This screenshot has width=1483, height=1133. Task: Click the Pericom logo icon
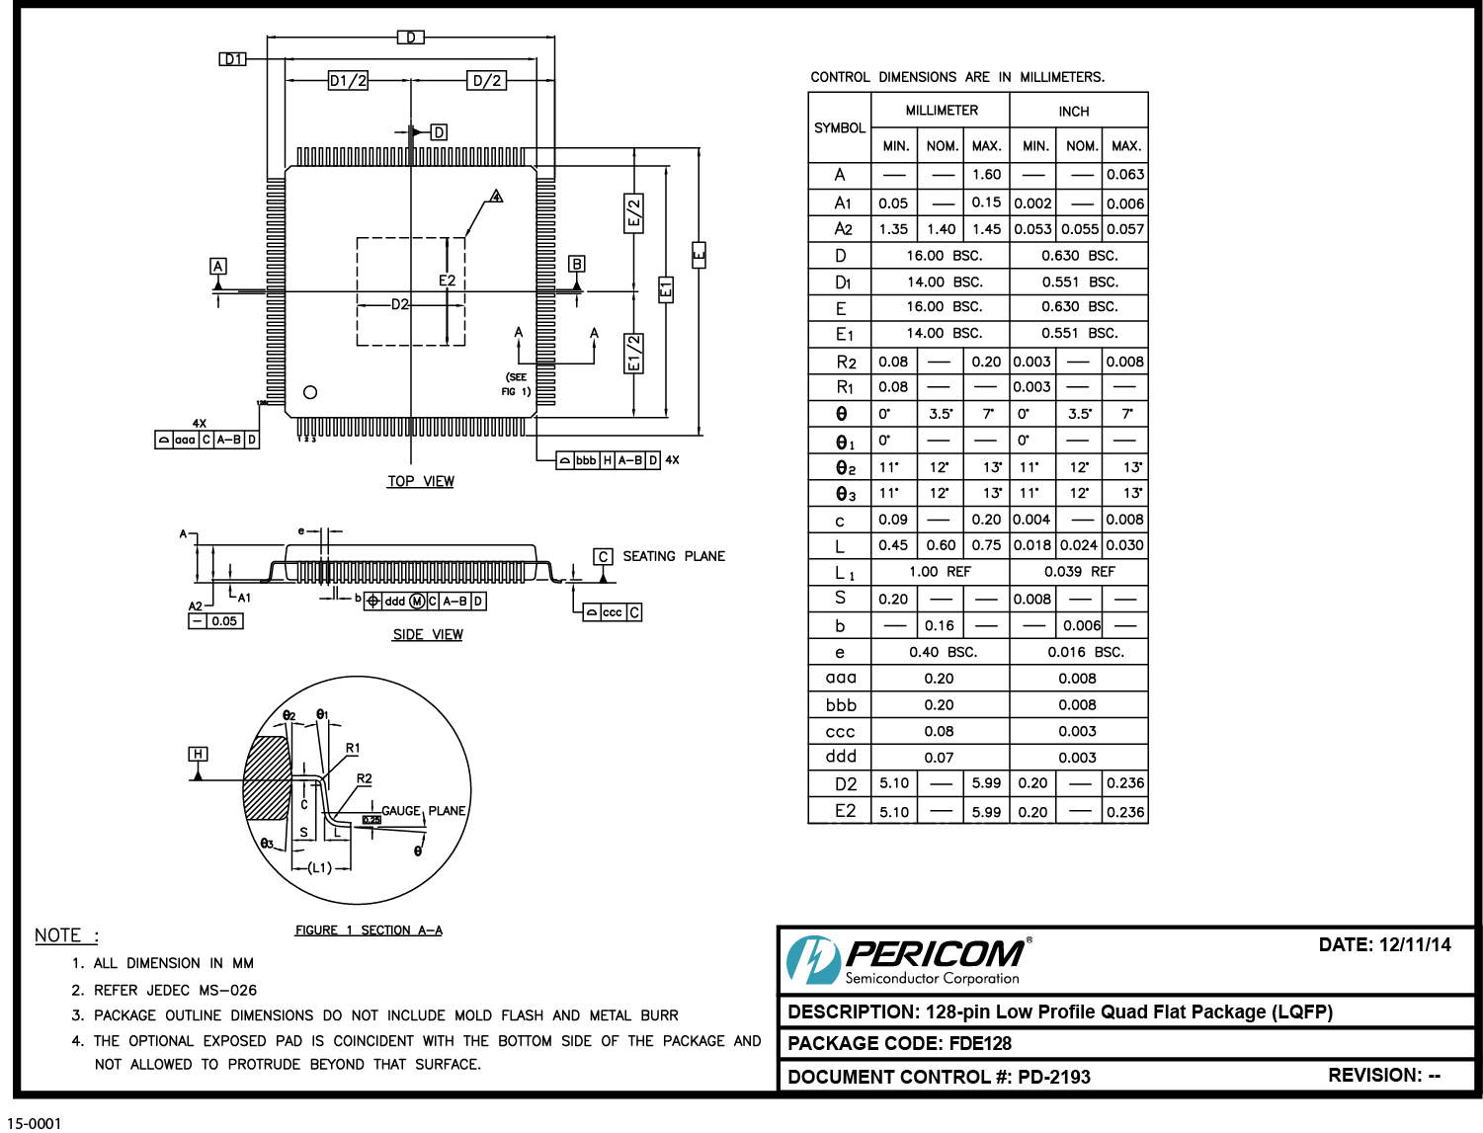point(812,959)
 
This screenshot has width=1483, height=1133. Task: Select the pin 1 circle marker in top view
point(310,392)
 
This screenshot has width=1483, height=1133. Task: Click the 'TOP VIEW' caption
point(421,481)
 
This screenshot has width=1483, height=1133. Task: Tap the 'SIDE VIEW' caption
point(428,634)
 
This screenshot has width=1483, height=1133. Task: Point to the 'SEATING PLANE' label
point(673,556)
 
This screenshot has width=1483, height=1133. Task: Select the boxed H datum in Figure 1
point(198,754)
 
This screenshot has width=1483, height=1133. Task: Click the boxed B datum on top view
point(577,264)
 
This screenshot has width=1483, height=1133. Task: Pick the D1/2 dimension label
point(348,81)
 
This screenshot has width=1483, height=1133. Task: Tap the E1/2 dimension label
point(634,354)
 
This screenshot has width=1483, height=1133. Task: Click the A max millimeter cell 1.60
point(986,175)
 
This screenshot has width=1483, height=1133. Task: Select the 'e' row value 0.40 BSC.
point(943,652)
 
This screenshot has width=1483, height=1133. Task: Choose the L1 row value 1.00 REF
point(940,572)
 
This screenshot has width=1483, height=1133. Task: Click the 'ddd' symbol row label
point(841,757)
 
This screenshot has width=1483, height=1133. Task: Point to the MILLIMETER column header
point(942,111)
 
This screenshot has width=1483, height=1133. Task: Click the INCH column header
point(1074,112)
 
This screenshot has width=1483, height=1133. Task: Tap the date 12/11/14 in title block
point(1415,944)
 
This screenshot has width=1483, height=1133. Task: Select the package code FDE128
point(980,1043)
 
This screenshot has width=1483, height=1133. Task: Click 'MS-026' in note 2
point(228,990)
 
